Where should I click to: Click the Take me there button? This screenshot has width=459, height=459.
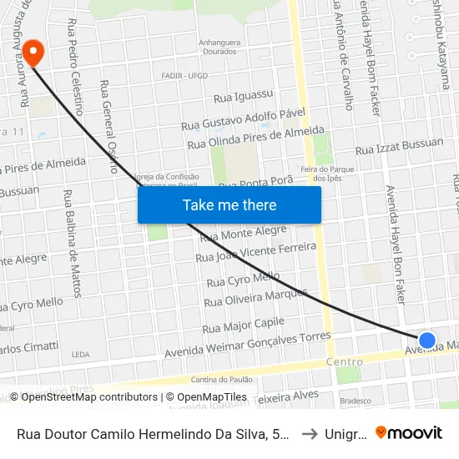(x=229, y=204)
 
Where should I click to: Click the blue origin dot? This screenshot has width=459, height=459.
(x=426, y=340)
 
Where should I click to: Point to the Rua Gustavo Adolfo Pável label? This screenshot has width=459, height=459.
(x=244, y=119)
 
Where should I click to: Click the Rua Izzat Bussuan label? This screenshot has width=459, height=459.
(x=399, y=148)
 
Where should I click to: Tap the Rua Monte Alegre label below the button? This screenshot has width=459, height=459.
(x=243, y=234)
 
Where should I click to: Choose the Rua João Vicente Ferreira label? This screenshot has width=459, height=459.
(x=255, y=252)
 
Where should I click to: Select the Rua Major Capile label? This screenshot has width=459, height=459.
(x=244, y=325)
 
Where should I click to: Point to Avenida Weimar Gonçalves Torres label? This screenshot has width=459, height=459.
(x=248, y=344)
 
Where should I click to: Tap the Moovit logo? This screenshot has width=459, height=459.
(x=409, y=433)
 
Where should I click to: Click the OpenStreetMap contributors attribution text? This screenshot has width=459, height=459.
(x=83, y=397)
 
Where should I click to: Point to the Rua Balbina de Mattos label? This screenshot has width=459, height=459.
(x=73, y=243)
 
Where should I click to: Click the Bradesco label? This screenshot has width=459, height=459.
(x=355, y=401)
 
